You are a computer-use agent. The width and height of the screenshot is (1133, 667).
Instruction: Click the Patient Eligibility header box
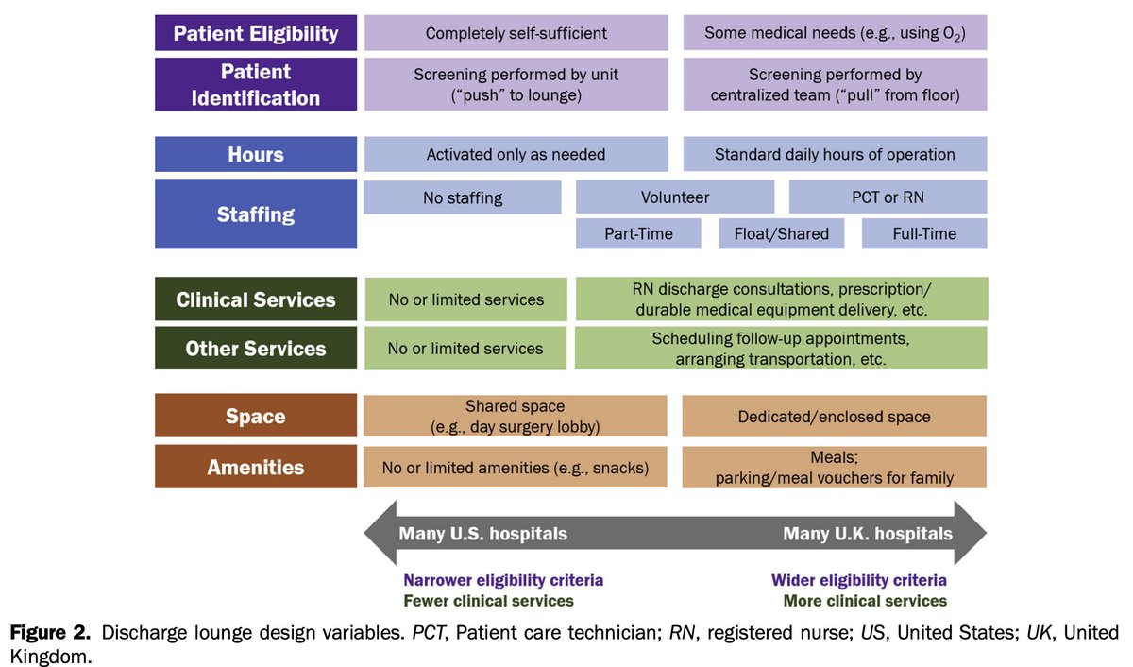pos(256,33)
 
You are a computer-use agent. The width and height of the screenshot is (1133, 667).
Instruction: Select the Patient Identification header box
pos(256,84)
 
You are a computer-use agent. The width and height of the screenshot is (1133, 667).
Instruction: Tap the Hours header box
pos(256,154)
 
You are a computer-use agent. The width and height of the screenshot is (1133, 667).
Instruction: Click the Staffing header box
pos(256,214)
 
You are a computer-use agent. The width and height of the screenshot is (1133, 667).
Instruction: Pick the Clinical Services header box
pos(256,299)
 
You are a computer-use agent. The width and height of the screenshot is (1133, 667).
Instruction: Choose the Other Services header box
pos(256,348)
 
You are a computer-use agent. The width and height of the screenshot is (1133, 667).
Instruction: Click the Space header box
pos(256,417)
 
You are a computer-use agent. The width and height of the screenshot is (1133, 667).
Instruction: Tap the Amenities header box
pos(256,467)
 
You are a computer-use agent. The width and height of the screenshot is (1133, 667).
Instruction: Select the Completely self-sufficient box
pos(516,33)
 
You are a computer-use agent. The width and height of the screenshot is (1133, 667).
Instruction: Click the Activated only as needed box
pos(516,154)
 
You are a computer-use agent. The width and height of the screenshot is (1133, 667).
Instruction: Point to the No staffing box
pos(463,197)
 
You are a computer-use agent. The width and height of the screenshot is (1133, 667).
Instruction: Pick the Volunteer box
pos(675,197)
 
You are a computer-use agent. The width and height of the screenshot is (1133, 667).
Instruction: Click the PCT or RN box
pos(888,197)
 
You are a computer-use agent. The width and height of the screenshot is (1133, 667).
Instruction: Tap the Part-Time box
pos(638,233)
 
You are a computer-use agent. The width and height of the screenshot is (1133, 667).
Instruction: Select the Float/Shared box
pos(781,233)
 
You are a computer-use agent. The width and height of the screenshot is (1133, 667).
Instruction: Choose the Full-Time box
pos(924,233)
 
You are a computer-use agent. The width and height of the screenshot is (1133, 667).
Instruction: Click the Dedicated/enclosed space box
pos(835,417)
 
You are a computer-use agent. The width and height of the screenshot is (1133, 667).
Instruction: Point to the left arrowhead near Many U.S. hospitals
pos(380,534)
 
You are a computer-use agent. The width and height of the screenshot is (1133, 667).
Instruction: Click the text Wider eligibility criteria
pos(858,580)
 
